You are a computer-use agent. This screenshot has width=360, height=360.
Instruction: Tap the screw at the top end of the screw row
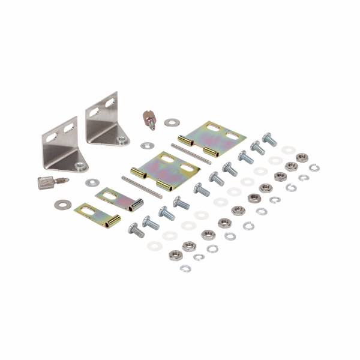point(269,140)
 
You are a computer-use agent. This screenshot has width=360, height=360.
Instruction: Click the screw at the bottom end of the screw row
point(136,229)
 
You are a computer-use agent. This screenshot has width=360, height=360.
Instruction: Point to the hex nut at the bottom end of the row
point(175,254)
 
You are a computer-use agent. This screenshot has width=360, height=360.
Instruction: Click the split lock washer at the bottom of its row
point(185,268)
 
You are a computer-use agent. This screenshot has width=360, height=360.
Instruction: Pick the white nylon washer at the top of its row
point(289,149)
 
